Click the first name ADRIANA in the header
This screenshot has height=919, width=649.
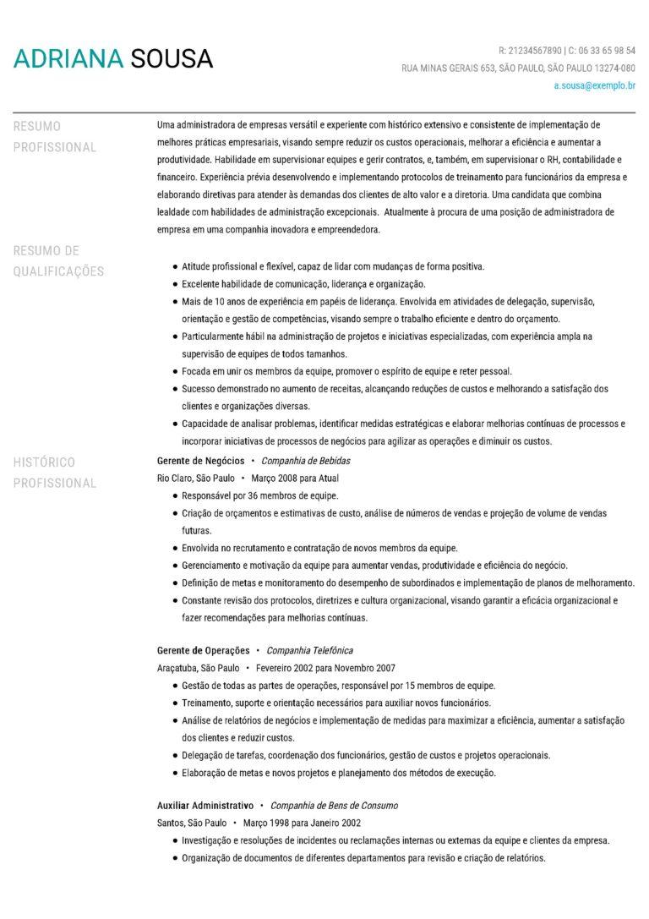coord(68,58)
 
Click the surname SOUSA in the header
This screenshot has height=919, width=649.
coord(172,58)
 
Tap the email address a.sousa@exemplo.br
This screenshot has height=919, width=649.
coord(594,85)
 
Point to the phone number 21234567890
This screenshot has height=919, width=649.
coord(534,51)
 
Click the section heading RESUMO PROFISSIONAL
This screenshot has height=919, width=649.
coord(55,136)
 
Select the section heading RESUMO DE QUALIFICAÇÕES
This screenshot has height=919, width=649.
coord(58,260)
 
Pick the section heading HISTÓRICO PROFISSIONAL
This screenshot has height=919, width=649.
coord(55,473)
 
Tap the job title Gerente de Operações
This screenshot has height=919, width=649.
coord(203,650)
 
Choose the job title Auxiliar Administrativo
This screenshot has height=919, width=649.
coord(205,806)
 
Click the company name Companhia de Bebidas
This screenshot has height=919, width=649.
coord(305,461)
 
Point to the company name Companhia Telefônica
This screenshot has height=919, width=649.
coord(309,650)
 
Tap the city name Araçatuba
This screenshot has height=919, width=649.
coord(177,667)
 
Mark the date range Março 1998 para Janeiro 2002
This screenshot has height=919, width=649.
coord(302,822)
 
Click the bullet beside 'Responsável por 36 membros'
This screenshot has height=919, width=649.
coord(174,495)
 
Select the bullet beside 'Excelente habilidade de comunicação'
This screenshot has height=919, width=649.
coord(174,284)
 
